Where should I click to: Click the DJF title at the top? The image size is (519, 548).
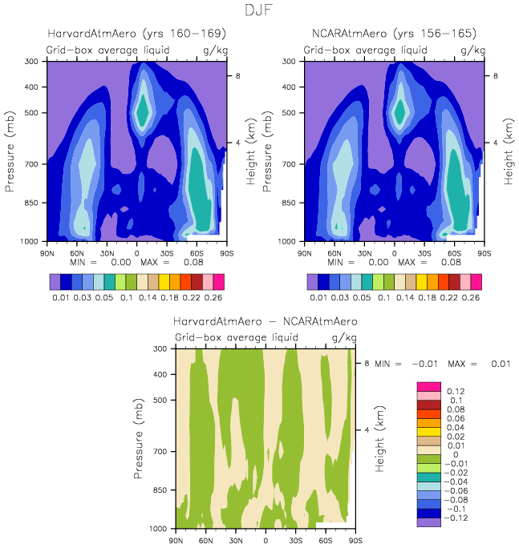click(x=259, y=10)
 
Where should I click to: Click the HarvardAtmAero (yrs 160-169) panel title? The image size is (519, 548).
click(x=136, y=34)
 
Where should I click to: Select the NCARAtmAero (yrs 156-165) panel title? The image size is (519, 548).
click(x=394, y=34)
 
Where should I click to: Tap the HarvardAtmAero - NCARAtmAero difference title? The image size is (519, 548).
click(x=266, y=322)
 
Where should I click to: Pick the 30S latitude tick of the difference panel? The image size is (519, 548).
click(x=296, y=540)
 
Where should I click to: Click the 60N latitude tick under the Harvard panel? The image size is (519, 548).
click(x=77, y=252)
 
